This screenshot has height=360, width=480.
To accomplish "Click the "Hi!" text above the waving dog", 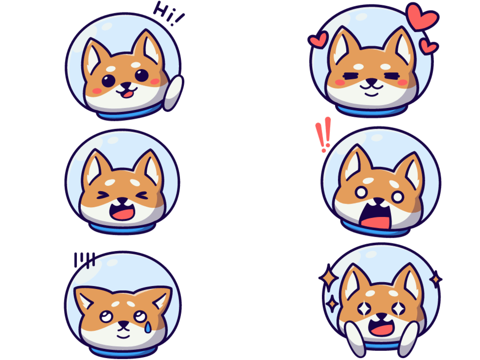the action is click(168, 13).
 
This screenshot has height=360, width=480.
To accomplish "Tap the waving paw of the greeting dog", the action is click(173, 93).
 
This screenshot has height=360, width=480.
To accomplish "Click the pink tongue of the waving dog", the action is click(128, 93).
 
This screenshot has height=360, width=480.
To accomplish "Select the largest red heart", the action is click(422, 17).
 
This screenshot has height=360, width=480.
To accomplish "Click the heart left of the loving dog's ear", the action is click(318, 40).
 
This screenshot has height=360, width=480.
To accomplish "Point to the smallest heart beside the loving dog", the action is click(429, 47).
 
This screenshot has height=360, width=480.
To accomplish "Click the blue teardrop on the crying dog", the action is click(148, 327).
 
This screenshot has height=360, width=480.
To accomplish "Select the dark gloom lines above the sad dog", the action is click(84, 260).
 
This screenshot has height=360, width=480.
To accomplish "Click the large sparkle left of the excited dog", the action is click(328, 277).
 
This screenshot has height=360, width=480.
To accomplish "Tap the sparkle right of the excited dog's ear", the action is click(435, 279).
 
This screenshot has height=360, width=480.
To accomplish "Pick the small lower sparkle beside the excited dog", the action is click(332, 304).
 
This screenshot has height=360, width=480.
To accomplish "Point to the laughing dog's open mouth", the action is click(122, 211).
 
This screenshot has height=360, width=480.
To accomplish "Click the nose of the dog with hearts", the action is click(372, 82).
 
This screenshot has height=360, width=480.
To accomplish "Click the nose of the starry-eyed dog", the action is click(381, 316).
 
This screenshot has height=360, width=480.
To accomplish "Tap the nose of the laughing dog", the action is click(122, 201).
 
